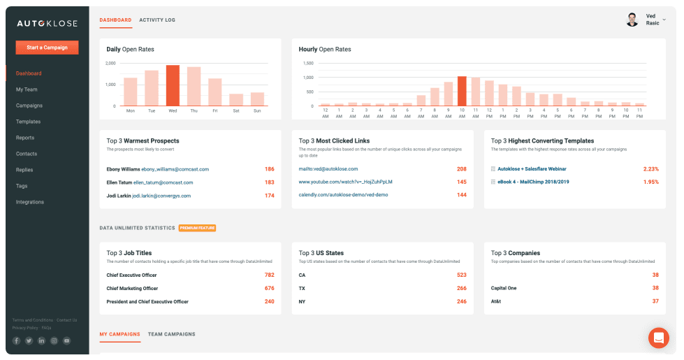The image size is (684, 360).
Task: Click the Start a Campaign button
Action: tap(47, 48)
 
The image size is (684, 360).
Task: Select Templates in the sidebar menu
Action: tap(28, 122)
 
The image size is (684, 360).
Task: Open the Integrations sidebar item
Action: tap(30, 202)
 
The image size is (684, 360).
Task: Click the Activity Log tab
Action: tap(157, 20)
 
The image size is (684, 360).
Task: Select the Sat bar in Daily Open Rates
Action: tap(236, 99)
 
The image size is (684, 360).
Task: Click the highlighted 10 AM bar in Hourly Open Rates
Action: tap(461, 91)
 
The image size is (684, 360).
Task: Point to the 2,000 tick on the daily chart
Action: tap(110, 64)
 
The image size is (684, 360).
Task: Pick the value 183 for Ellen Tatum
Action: tap(269, 182)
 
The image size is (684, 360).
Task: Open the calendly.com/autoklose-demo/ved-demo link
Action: tap(333, 195)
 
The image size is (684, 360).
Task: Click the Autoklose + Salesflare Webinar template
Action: tap(532, 169)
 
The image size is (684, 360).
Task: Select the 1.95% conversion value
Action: tap(650, 182)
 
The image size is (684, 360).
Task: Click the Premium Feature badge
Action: tap(197, 228)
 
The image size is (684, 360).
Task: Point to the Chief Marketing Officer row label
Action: tap(132, 289)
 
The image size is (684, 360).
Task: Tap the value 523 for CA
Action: tap(461, 275)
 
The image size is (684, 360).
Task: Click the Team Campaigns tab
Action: tap(171, 334)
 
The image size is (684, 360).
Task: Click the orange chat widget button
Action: tap(658, 338)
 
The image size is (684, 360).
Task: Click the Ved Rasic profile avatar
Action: tap(632, 20)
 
